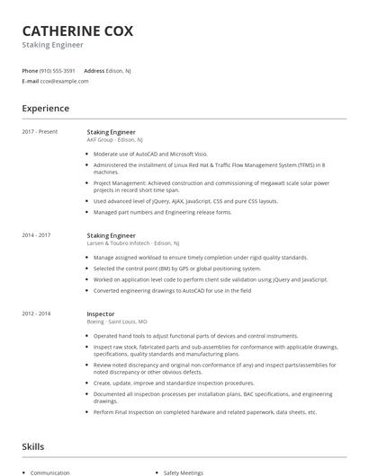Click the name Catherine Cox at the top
[x=77, y=31]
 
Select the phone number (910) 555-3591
[x=58, y=70]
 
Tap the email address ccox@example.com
[x=64, y=81]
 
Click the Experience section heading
[x=45, y=109]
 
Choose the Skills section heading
[x=32, y=446]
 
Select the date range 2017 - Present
[x=40, y=132]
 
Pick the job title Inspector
[x=101, y=313]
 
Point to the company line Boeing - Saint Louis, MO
[x=117, y=322]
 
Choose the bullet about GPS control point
[x=176, y=269]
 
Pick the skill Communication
[x=49, y=472]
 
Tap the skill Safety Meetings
[x=184, y=472]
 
